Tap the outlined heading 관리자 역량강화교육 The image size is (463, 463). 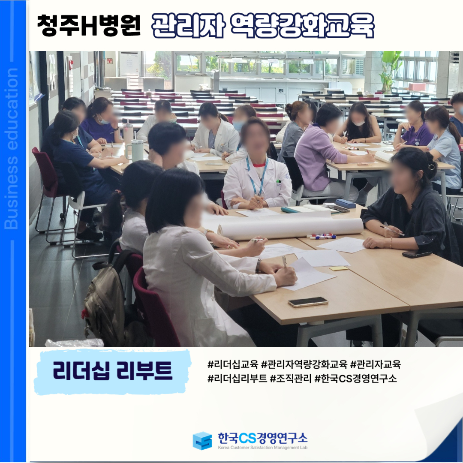tap(263, 26)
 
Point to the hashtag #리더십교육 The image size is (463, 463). tap(233, 364)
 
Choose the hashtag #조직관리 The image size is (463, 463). tap(291, 378)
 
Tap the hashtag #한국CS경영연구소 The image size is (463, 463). tap(356, 378)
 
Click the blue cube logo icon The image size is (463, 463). tap(202, 441)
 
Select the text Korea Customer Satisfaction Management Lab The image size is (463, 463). tap(262, 448)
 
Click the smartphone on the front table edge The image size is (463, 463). tap(308, 302)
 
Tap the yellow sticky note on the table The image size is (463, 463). tap(338, 268)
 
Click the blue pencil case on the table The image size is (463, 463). tap(346, 204)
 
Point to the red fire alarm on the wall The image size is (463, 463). tap(71, 64)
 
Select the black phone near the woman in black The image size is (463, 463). tap(417, 254)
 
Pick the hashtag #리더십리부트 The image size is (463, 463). tap(237, 378)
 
